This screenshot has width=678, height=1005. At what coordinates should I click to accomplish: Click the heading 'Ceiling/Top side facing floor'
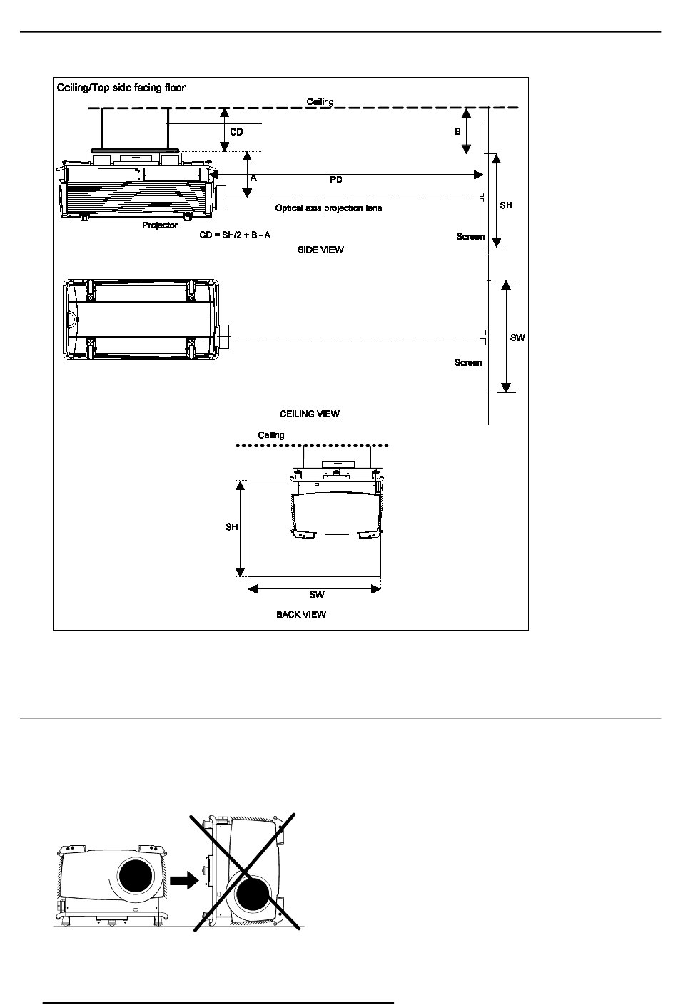pos(121,88)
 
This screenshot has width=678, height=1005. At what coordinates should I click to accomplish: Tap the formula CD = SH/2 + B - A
pos(235,235)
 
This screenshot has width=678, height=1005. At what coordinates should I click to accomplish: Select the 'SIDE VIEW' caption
pos(320,250)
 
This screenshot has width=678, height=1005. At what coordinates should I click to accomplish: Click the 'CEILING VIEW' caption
pos(310,414)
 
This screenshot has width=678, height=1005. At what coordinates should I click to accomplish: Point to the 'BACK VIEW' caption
pos(301,614)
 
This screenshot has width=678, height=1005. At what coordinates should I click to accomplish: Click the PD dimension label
pos(336,180)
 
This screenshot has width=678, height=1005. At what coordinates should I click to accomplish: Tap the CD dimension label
pos(236,132)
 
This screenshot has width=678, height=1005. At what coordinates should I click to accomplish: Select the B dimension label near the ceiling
pos(457,131)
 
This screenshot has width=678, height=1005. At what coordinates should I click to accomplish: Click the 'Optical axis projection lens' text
pos(329,208)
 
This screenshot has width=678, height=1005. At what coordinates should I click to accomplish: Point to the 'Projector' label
pos(160,225)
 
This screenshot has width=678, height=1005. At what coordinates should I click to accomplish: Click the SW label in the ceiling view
pos(517,337)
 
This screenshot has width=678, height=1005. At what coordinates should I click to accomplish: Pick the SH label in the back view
pos(232,527)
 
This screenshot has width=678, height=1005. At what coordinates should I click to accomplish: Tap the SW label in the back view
pos(317,594)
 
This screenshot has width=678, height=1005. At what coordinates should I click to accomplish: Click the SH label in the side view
pos(506,205)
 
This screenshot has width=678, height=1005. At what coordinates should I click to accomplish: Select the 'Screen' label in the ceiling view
pos(468,362)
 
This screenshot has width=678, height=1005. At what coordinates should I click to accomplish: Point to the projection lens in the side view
pos(221,198)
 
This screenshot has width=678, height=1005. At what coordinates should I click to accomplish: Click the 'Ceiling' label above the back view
pos(271,435)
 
